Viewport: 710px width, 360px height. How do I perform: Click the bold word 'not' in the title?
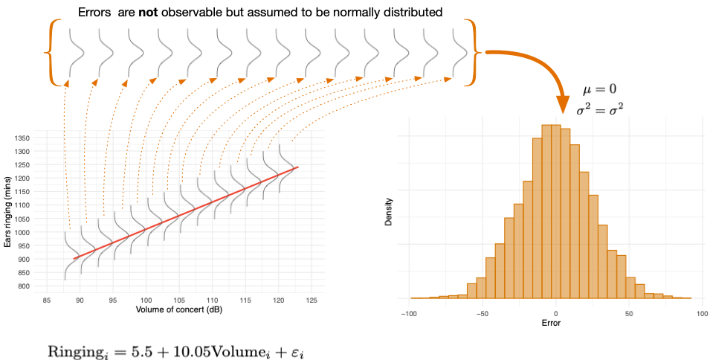point(149,12)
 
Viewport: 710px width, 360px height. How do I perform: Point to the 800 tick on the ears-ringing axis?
point(23,286)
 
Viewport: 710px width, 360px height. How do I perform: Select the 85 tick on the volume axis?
point(47,300)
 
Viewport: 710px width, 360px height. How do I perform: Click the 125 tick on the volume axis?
point(312,300)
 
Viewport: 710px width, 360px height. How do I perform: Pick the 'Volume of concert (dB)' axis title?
point(179,310)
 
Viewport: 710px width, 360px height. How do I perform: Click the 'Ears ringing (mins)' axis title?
point(7,212)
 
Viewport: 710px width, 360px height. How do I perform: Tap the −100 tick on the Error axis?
point(408,314)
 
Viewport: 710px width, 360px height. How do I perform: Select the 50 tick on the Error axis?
point(629,314)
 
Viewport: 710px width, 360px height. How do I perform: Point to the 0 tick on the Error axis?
point(555,314)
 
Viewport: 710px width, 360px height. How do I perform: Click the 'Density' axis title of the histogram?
point(389,212)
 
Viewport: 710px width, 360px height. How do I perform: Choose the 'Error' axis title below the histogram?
point(551,323)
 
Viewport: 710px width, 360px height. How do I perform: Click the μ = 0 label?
point(599,89)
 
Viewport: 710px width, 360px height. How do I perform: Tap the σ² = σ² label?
point(597,109)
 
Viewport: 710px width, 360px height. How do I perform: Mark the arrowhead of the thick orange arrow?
point(563,105)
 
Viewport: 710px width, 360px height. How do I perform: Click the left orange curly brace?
point(53,53)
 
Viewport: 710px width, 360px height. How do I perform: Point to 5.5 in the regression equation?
point(127,351)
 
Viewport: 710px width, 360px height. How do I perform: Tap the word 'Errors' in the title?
point(94,12)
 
